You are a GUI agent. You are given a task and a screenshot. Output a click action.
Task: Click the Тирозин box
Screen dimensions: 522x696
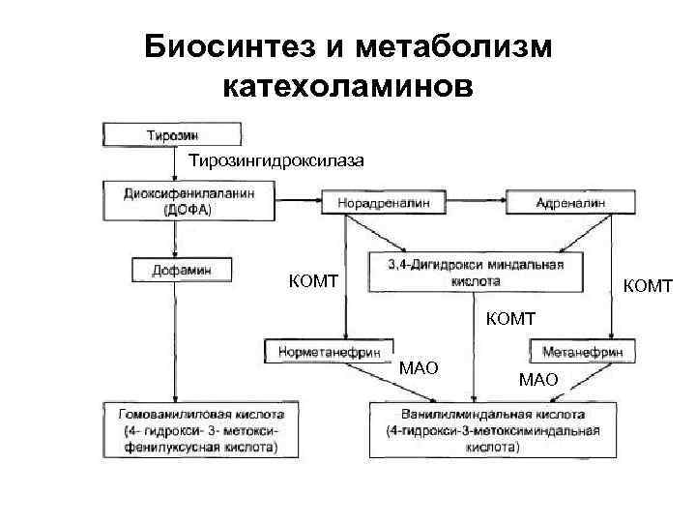click(x=172, y=134)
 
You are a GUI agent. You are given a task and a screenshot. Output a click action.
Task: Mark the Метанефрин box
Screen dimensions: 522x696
click(x=581, y=352)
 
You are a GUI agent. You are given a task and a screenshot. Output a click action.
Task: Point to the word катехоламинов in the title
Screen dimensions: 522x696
click(x=349, y=88)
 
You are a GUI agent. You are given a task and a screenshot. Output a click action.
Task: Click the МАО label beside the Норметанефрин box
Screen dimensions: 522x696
click(x=419, y=367)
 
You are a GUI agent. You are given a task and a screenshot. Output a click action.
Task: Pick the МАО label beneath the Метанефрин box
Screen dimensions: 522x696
click(x=538, y=379)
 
